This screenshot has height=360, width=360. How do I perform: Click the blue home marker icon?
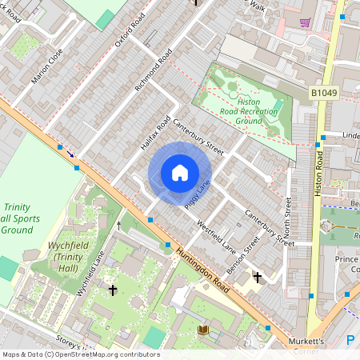[180, 173]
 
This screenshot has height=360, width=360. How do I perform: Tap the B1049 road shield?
[323, 94]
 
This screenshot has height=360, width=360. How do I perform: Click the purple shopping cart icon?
[305, 22]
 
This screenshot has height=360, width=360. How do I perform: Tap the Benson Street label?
[242, 254]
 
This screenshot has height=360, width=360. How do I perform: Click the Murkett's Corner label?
[306, 346]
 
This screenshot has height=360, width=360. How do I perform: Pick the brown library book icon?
[203, 330]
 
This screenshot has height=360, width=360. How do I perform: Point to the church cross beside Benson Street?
[257, 278]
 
